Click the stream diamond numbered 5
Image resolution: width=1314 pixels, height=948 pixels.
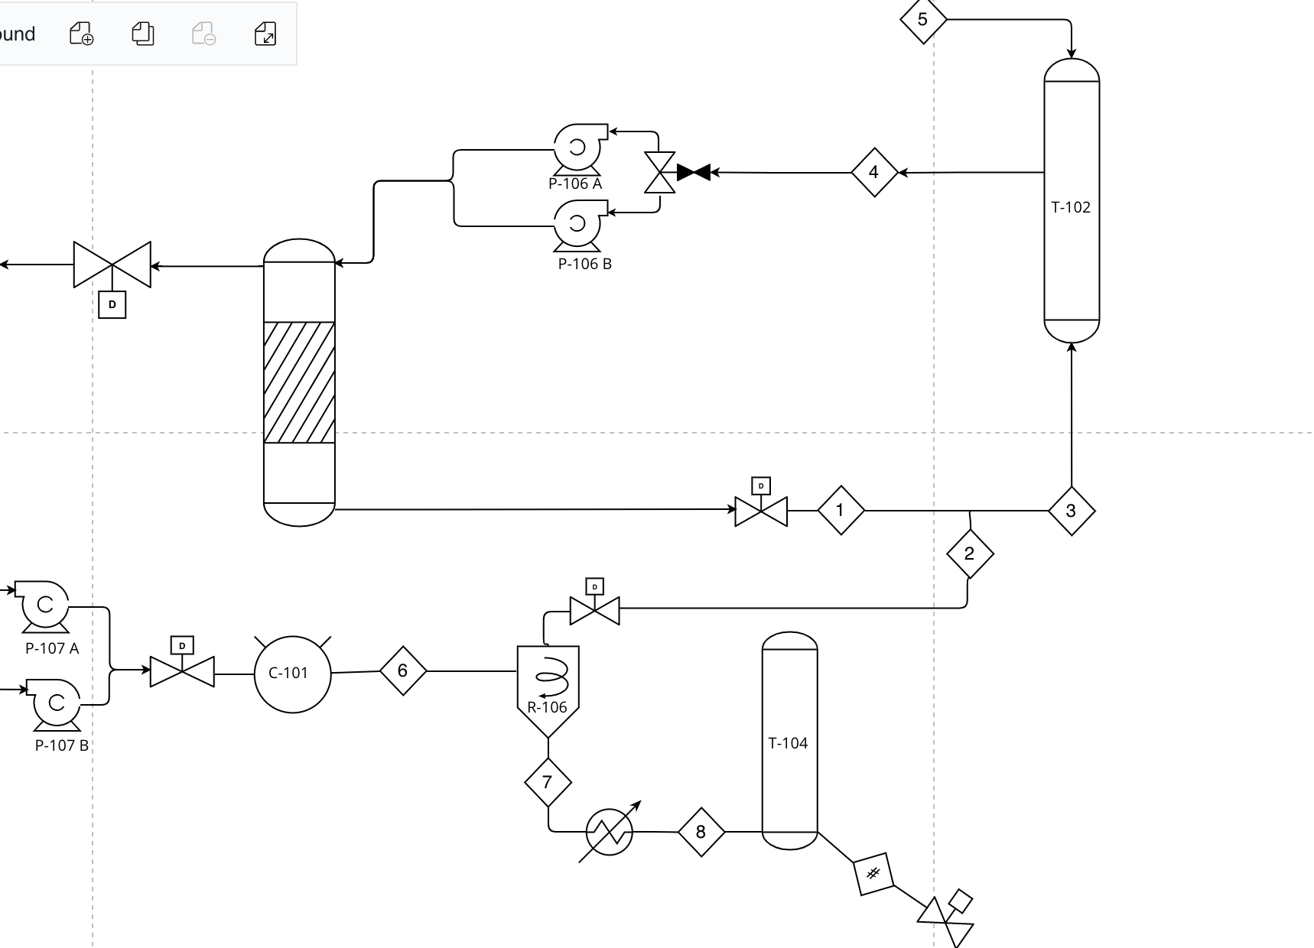pyautogui.click(x=922, y=19)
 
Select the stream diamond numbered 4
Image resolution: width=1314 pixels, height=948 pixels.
pyautogui.click(x=874, y=172)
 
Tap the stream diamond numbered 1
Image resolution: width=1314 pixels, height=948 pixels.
pyautogui.click(x=841, y=510)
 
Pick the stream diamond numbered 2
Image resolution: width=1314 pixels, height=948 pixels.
pyautogui.click(x=970, y=554)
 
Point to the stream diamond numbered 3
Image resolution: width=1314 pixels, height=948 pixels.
pyautogui.click(x=1071, y=511)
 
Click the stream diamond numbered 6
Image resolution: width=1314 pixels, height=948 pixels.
pyautogui.click(x=403, y=670)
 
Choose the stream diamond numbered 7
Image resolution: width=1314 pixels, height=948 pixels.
pyautogui.click(x=548, y=782)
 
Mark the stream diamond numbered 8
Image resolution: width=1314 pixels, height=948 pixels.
pyautogui.click(x=701, y=832)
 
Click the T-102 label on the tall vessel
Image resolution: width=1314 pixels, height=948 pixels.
pyautogui.click(x=1071, y=207)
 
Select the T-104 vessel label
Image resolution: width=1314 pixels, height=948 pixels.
pyautogui.click(x=788, y=743)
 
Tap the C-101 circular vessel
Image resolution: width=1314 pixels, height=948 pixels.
pyautogui.click(x=291, y=674)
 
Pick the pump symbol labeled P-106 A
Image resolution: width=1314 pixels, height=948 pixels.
pyautogui.click(x=578, y=147)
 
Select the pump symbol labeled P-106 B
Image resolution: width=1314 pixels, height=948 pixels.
pyautogui.click(x=578, y=223)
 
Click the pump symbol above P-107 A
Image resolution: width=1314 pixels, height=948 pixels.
pyautogui.click(x=44, y=605)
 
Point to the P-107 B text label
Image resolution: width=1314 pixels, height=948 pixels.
pyautogui.click(x=61, y=745)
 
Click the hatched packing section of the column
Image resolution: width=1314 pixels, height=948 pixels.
pyautogui.click(x=299, y=382)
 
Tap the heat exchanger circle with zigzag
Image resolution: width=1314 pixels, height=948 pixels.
pyautogui.click(x=610, y=832)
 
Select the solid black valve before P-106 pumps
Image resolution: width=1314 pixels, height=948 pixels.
pyautogui.click(x=693, y=173)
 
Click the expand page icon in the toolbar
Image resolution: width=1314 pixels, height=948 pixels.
pyautogui.click(x=265, y=34)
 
